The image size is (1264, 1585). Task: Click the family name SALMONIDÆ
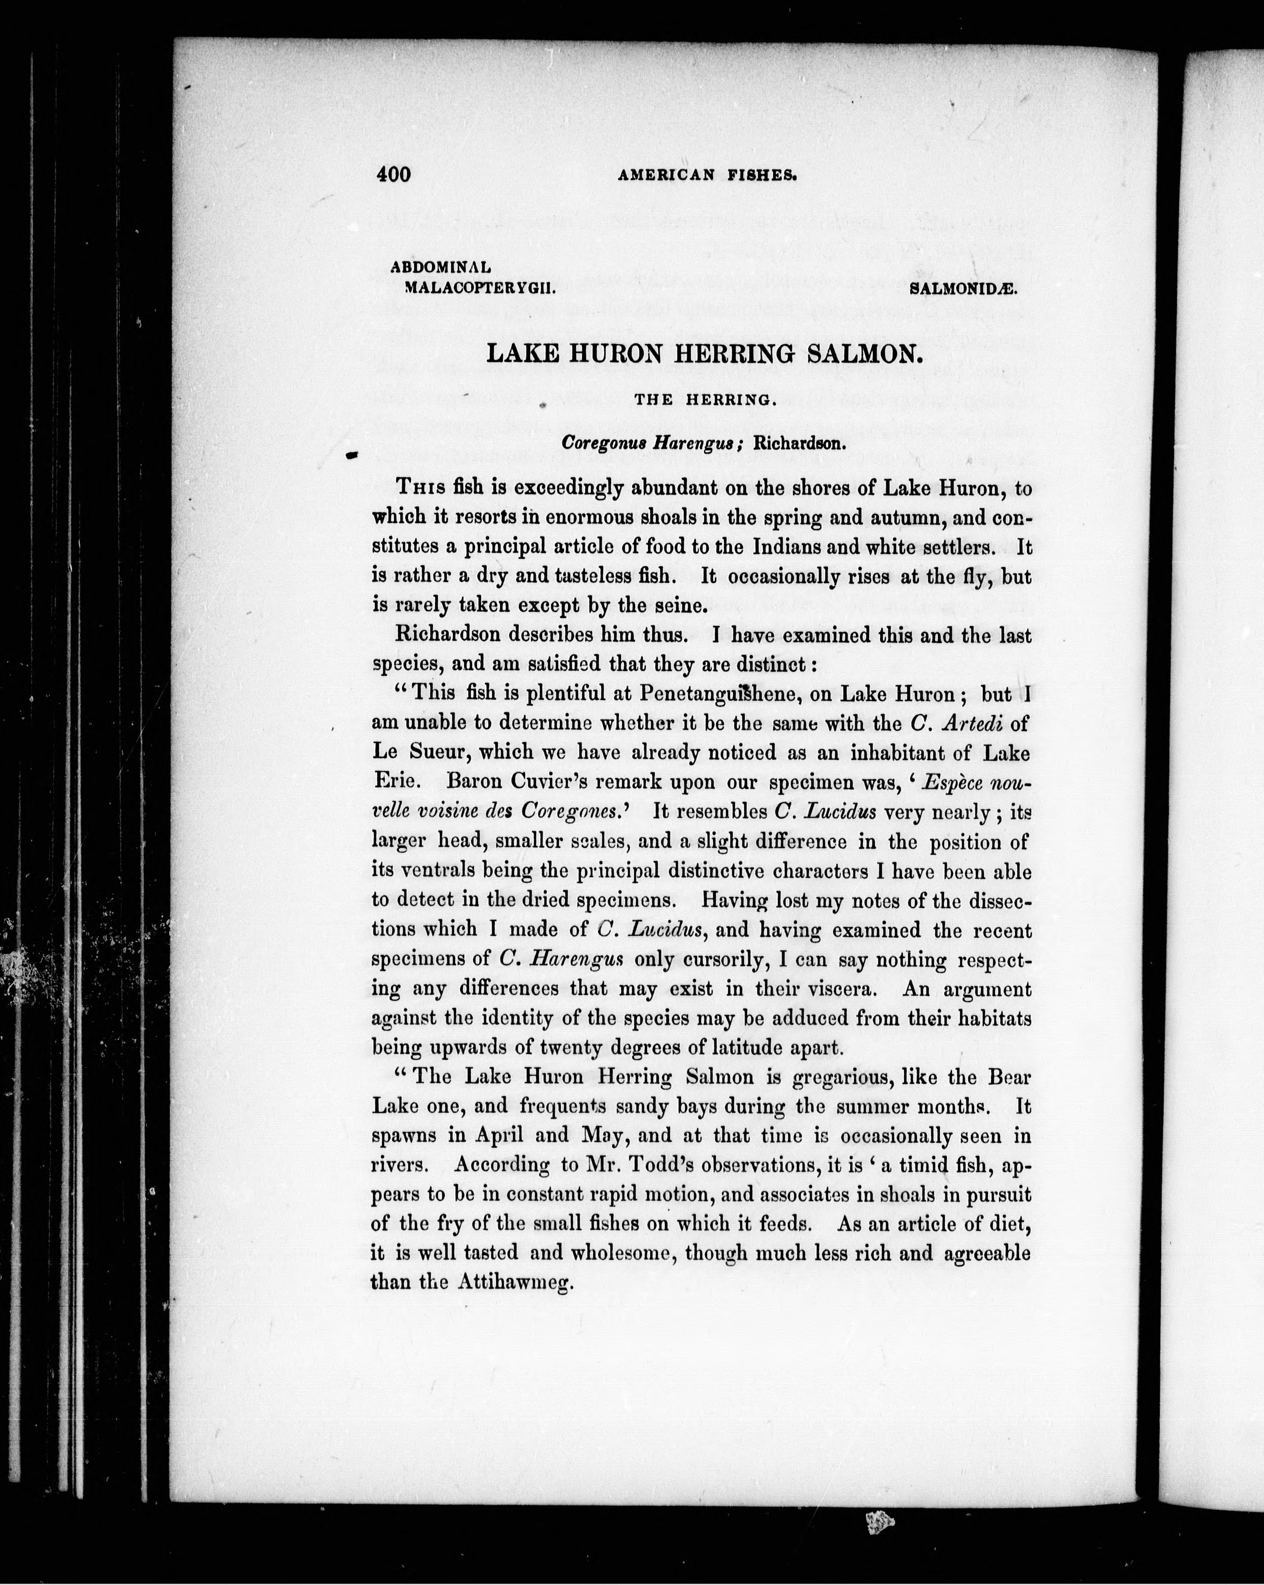point(963,289)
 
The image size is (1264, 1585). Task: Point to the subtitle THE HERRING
point(705,401)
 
